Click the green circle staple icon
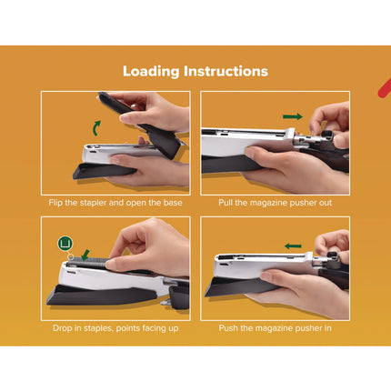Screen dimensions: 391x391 pyautogui.click(x=65, y=242)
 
